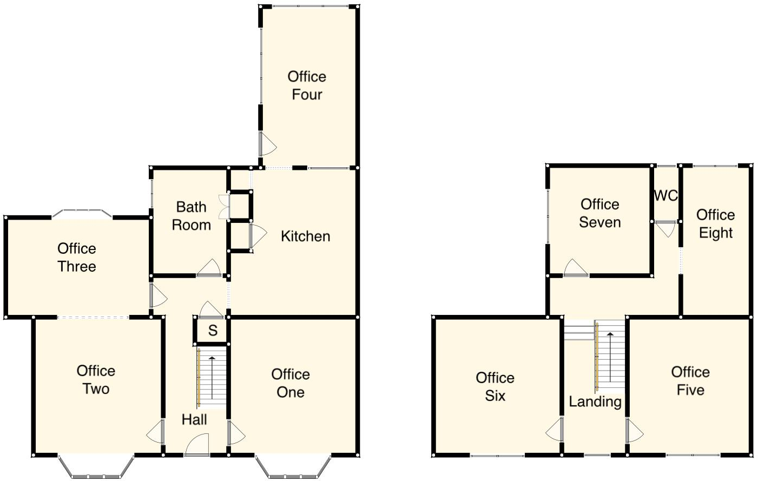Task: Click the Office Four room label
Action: tap(307, 85)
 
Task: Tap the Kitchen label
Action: tap(305, 236)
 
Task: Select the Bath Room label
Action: tap(191, 216)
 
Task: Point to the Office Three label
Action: tap(77, 258)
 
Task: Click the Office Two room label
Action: tap(96, 380)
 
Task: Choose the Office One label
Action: tap(291, 383)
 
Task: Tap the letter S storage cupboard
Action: tap(213, 331)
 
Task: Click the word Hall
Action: tap(194, 419)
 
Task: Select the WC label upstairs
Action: tap(665, 196)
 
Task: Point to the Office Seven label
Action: tap(599, 213)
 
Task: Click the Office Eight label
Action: tap(715, 224)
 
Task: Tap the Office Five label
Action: tap(690, 381)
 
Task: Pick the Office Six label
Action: tap(495, 387)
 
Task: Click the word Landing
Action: tap(595, 401)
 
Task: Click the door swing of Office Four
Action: tap(267, 144)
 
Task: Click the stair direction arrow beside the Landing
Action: tap(610, 357)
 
